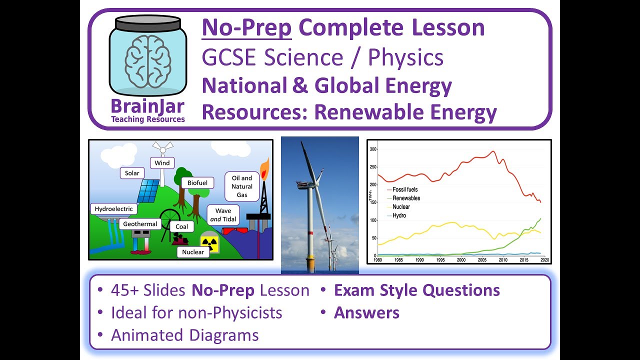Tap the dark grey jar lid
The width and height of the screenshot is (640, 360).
[147, 22]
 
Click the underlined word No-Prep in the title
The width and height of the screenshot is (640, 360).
[246, 28]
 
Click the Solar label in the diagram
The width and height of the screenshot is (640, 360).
[132, 173]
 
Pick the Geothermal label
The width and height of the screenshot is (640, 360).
[140, 224]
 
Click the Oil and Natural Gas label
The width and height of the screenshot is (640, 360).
[242, 186]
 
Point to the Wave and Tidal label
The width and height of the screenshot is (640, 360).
[222, 215]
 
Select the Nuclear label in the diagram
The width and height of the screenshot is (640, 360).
[193, 252]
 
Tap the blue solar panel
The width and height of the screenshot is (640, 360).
[148, 190]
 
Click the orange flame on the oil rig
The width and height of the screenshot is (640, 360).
[263, 167]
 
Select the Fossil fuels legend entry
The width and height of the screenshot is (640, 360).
[405, 190]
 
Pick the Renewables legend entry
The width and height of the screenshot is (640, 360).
[406, 198]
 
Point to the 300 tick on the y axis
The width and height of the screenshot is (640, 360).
[373, 149]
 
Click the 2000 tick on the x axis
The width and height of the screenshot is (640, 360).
[461, 260]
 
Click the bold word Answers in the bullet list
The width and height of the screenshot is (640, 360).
[366, 313]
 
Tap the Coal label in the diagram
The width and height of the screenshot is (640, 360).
[182, 227]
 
